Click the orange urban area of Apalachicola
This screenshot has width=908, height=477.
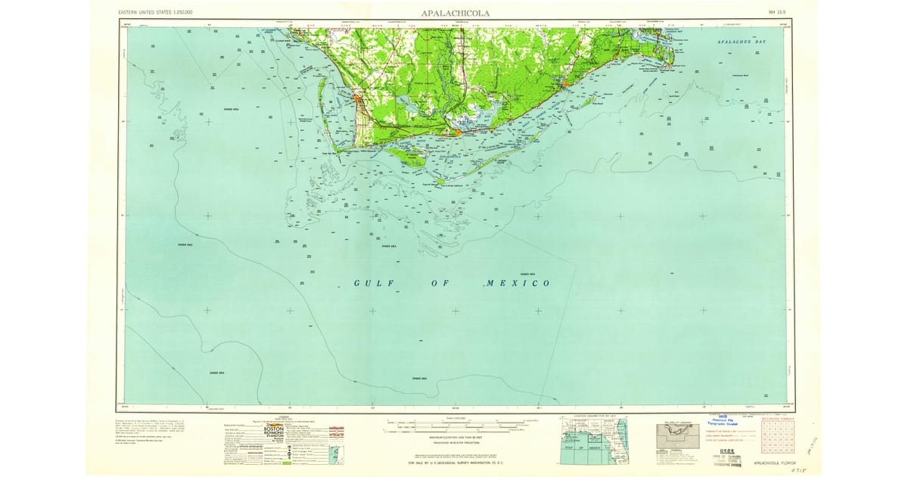[x=458, y=133]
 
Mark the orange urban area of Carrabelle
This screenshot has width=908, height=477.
[x=566, y=83]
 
